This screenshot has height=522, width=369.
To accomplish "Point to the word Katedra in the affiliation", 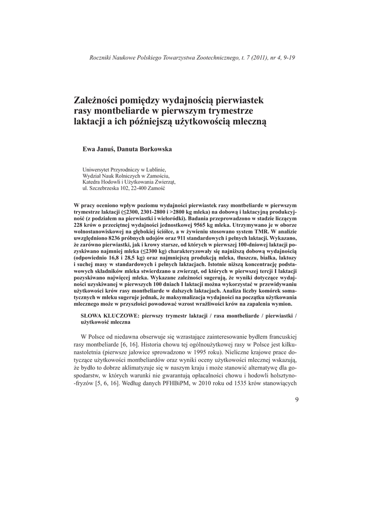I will coord(92,181).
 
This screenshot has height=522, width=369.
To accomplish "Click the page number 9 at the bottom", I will coord(296,400).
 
